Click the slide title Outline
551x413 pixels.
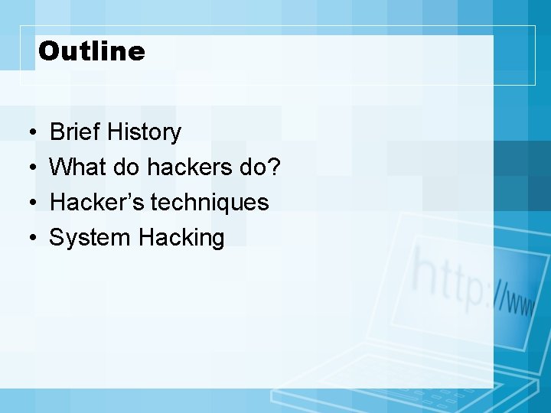91,51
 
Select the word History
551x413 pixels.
144,132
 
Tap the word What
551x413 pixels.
78,167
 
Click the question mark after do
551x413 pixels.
275,167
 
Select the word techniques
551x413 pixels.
210,203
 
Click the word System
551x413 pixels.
90,238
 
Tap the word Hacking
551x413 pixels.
181,238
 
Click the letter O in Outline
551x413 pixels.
48,51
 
